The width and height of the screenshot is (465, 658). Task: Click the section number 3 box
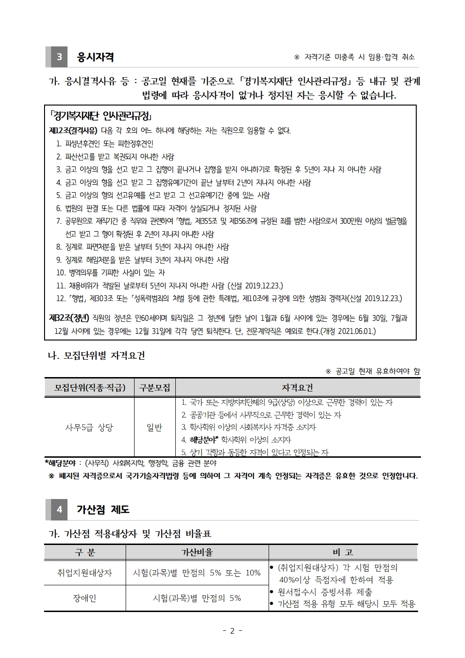59,57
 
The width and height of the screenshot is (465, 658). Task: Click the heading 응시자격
95,57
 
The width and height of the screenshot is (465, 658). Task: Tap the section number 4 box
59,509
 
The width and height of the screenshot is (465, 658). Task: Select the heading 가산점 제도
103,509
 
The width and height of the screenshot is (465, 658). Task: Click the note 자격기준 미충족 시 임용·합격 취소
354,57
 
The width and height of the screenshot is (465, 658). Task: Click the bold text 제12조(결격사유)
73,131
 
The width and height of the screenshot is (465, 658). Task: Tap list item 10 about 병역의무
111,272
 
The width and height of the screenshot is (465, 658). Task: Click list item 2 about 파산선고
115,157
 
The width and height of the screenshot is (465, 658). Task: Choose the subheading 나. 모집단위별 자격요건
97,355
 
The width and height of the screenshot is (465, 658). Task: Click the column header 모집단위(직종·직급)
90,387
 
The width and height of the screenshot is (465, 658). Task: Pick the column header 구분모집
155,387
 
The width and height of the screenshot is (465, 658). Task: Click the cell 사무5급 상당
89,427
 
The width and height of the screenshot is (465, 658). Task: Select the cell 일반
155,427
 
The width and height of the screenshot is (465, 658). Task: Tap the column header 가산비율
197,552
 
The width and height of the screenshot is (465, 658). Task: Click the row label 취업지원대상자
85,573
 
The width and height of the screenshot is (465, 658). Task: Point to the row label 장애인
85,598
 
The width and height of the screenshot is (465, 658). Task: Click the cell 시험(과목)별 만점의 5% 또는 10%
197,573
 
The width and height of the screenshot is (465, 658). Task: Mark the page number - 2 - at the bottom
232,631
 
